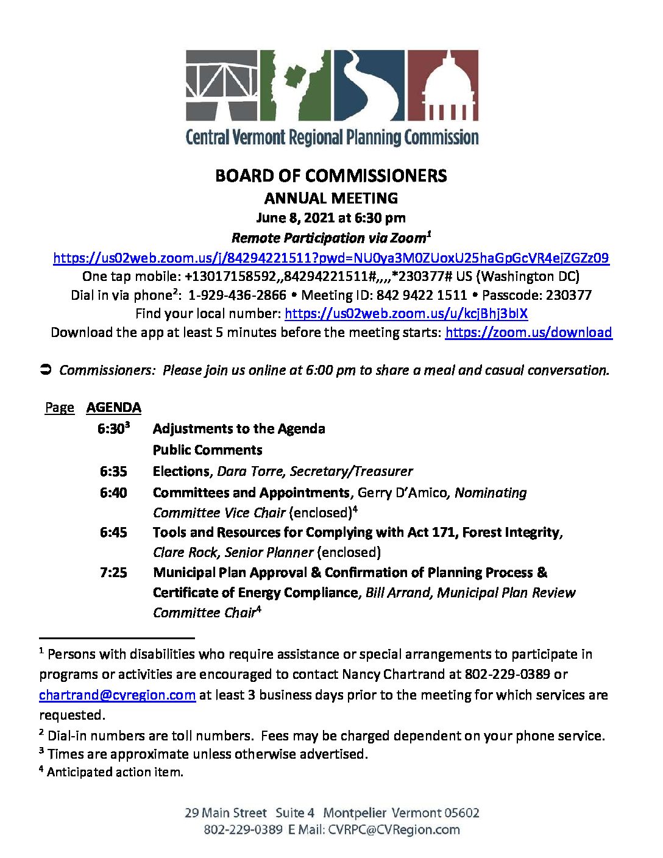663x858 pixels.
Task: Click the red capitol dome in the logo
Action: [451, 85]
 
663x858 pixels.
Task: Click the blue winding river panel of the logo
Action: [367, 85]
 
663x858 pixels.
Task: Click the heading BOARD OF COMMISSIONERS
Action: [331, 176]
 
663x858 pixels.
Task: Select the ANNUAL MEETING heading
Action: [331, 198]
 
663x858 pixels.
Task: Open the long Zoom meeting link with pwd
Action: [331, 258]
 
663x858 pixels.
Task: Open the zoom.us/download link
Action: [528, 332]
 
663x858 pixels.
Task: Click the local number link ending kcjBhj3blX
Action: [406, 314]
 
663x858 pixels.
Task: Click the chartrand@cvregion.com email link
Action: [117, 695]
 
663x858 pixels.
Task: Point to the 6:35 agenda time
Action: [113, 472]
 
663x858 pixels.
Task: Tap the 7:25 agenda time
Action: [113, 573]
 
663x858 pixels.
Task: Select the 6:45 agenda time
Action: [113, 533]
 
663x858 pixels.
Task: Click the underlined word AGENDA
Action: [113, 408]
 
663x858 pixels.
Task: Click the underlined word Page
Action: [59, 408]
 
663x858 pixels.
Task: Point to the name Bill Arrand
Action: [398, 593]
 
